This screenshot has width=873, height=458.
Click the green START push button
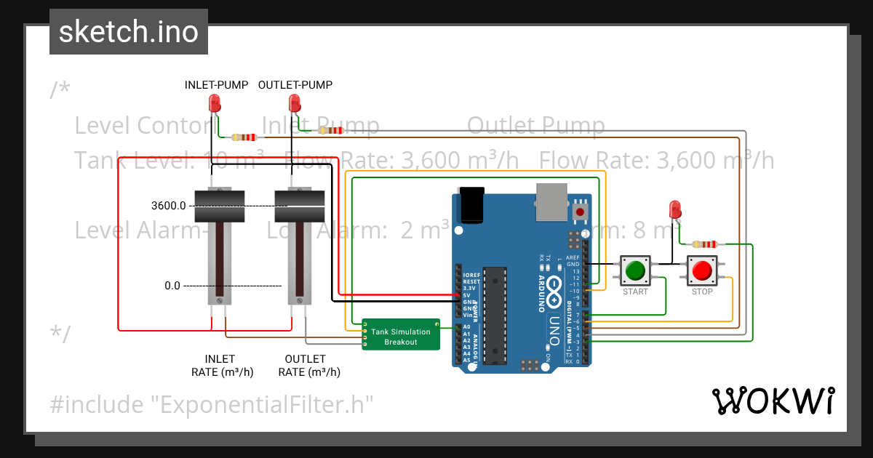[635, 270]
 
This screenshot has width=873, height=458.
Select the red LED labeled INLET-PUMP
[215, 103]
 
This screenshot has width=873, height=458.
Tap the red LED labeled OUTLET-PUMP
[294, 103]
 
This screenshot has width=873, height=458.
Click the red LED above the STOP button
[674, 209]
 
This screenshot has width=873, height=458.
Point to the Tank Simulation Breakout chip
[401, 336]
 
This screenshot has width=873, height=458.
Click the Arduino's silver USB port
[554, 201]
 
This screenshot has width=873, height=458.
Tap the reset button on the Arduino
[580, 212]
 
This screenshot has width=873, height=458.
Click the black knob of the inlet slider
[219, 206]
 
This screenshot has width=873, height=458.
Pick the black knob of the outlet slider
[299, 206]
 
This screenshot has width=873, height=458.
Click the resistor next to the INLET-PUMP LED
[244, 137]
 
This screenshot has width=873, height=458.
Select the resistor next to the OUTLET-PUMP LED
[331, 131]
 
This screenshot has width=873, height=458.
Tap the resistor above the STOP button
[705, 244]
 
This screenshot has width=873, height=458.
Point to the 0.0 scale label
[172, 286]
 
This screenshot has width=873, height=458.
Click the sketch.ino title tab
[128, 32]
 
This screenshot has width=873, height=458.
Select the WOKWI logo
[772, 401]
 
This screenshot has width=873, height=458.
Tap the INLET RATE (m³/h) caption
[218, 365]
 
